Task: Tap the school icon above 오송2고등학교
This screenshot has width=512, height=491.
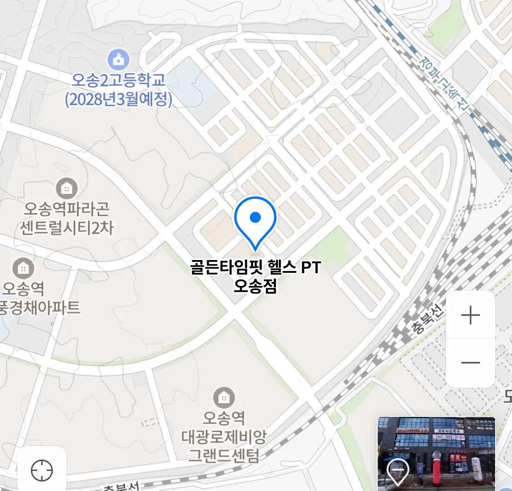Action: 118,60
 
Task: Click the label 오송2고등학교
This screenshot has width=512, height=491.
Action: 118,80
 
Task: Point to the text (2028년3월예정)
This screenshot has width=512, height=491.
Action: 118,99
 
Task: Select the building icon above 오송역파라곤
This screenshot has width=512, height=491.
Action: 66,188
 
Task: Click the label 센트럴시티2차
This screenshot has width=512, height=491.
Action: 66,227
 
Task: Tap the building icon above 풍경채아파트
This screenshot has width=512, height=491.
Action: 23,269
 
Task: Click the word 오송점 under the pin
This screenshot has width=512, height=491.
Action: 255,286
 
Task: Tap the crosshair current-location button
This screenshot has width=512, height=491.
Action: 42,471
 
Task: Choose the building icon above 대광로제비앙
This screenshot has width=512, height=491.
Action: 223,398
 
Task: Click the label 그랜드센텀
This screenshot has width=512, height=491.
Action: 223,455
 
